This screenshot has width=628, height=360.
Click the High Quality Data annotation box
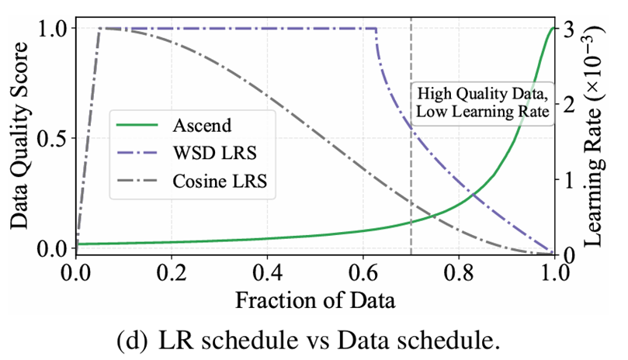[x=483, y=102]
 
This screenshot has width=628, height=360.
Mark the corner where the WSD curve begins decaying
[x=376, y=29]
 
